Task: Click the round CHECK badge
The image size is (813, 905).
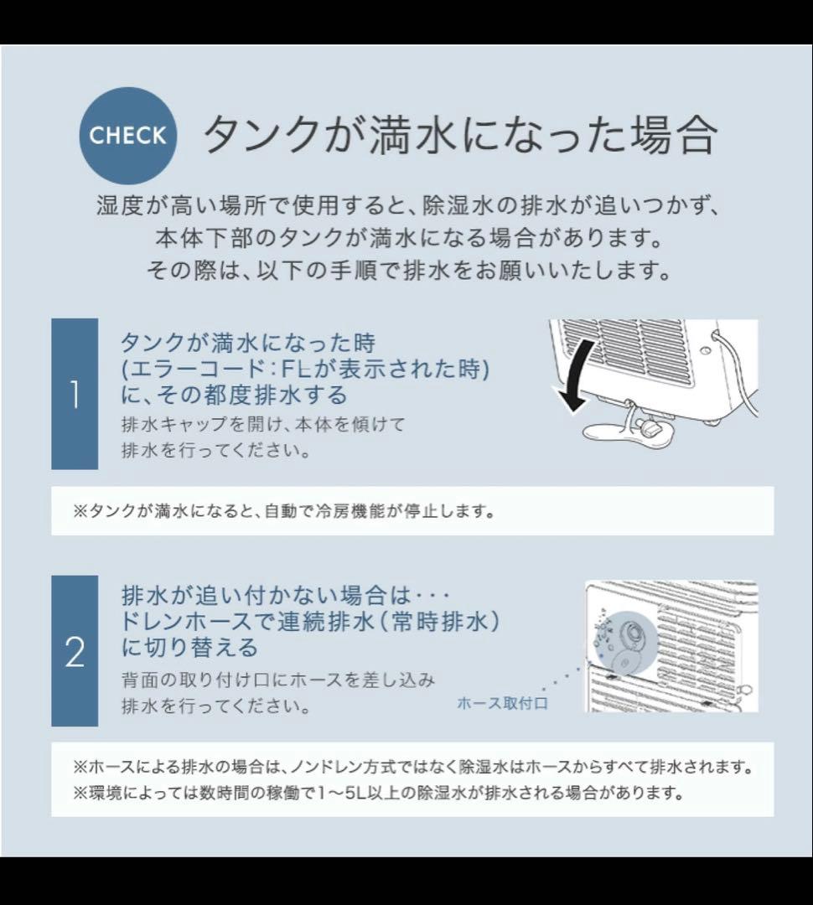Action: coord(128,136)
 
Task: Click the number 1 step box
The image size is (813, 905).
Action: coord(75,394)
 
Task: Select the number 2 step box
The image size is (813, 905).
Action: coord(75,651)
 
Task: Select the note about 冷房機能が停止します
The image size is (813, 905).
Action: coord(283,511)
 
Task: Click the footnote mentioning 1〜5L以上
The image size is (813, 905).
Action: coord(378,793)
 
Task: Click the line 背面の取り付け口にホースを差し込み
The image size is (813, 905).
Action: coord(278,680)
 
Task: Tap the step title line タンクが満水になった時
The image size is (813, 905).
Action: coord(247,344)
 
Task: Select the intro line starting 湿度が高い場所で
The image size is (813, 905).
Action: coord(407,206)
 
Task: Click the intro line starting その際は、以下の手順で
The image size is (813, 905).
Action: coord(407,271)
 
